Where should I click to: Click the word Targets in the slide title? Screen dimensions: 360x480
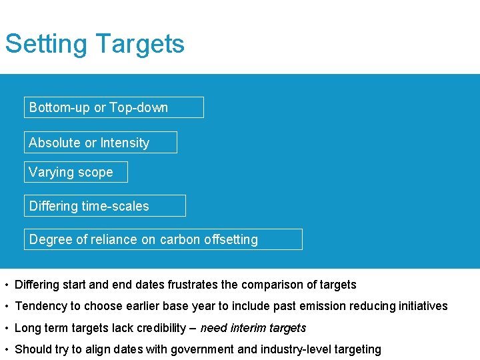point(139,44)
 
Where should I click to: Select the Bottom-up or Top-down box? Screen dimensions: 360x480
point(113,107)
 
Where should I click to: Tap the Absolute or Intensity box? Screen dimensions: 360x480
point(100,143)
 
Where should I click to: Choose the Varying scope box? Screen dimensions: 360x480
point(75,172)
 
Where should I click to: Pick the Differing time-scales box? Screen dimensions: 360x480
point(105,206)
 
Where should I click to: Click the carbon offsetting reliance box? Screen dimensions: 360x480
point(163,239)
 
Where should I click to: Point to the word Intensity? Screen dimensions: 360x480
point(125,143)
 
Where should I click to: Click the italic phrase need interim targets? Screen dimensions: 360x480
point(253,327)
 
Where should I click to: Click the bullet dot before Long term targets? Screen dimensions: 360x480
point(5,328)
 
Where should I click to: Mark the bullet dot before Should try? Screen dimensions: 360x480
point(5,349)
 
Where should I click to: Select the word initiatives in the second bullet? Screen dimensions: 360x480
point(423,306)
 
